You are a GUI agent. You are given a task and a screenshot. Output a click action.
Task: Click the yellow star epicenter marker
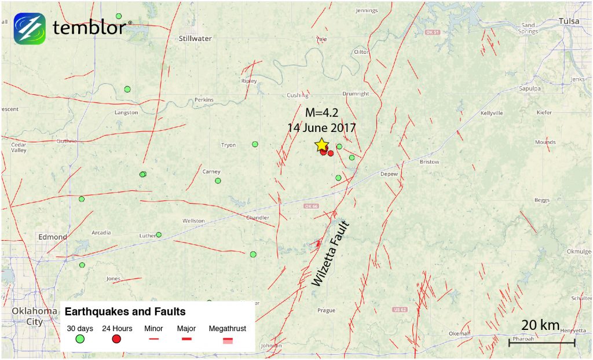pyautogui.click(x=321, y=145)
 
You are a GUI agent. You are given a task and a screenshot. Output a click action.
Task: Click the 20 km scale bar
pyautogui.click(x=541, y=342)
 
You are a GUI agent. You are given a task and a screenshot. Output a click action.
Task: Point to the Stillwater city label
pyautogui.click(x=195, y=39)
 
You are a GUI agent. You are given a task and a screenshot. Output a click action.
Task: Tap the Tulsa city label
pyautogui.click(x=569, y=21)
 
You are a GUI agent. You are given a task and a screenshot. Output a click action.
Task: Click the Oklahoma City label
pyautogui.click(x=35, y=316)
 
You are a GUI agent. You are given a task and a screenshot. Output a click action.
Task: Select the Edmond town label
pyautogui.click(x=53, y=237)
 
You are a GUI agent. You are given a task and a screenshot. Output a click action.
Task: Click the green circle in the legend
pyautogui.click(x=80, y=339)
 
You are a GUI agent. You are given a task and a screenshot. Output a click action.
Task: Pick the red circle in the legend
pyautogui.click(x=116, y=339)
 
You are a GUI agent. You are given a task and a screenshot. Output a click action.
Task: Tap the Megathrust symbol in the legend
pyautogui.click(x=228, y=340)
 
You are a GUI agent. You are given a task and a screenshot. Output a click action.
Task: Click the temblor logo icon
pyautogui.click(x=29, y=28)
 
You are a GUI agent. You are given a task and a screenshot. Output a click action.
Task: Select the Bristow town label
pyautogui.click(x=429, y=162)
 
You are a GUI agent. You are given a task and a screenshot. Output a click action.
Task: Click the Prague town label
pyautogui.click(x=326, y=311)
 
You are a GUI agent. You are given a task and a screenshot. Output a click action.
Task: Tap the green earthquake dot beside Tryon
pyautogui.click(x=255, y=144)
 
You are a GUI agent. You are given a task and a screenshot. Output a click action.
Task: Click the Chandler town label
pyautogui.click(x=258, y=218)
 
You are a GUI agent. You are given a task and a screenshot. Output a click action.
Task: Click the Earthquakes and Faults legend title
pyautogui.click(x=125, y=311)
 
